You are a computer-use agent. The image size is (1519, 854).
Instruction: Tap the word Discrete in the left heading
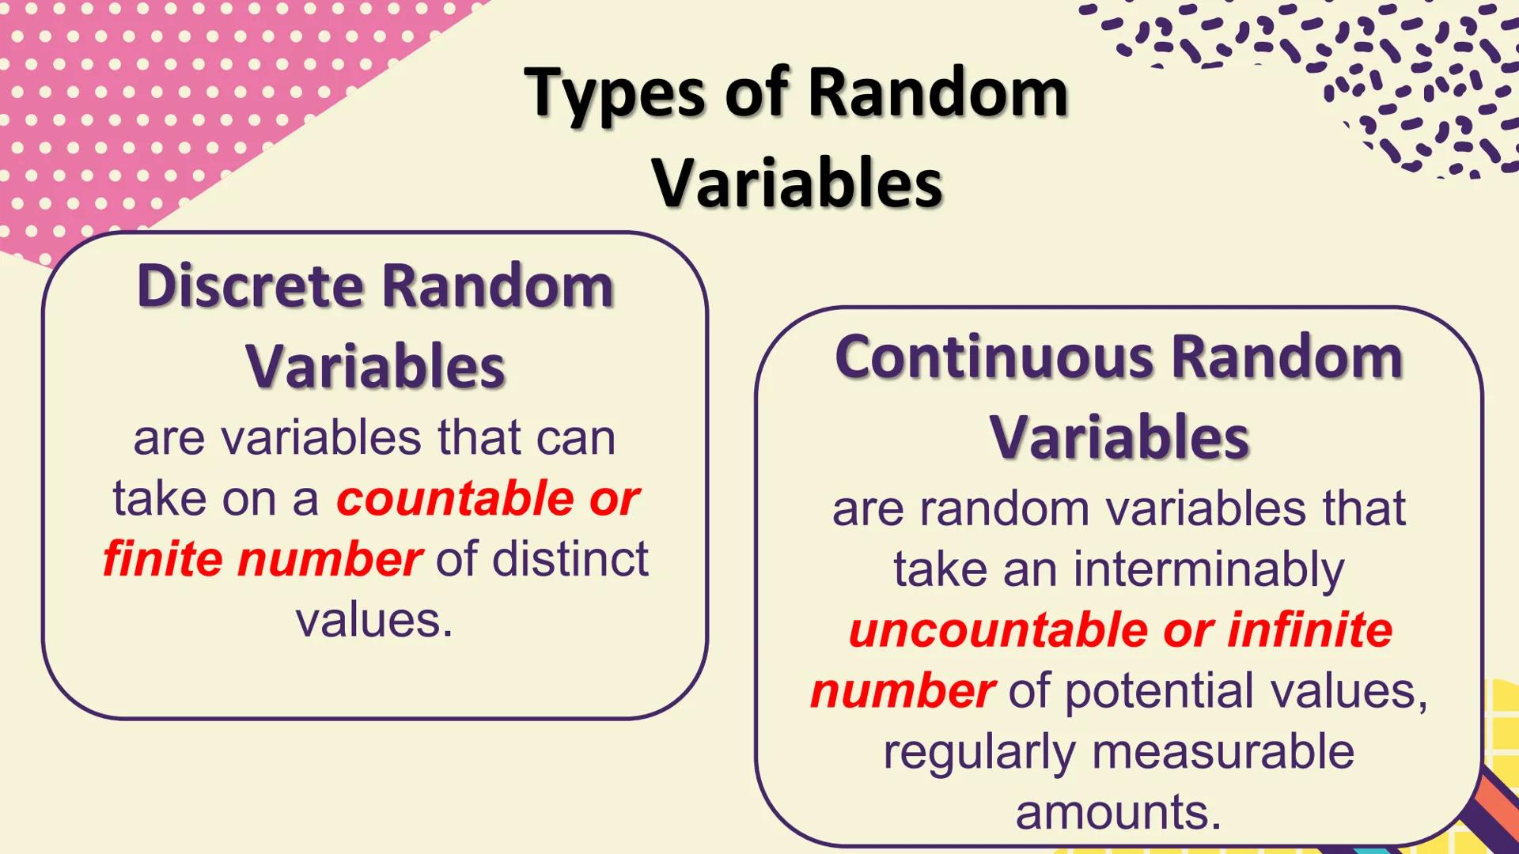(250, 285)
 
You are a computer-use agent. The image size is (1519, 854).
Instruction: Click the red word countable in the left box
(455, 499)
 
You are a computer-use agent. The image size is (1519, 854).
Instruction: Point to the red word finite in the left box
(163, 560)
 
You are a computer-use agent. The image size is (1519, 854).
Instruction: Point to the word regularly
(979, 753)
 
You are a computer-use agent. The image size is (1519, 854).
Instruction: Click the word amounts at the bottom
(1118, 813)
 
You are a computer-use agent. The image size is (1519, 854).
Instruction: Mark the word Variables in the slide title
(797, 183)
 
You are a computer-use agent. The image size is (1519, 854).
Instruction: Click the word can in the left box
(575, 438)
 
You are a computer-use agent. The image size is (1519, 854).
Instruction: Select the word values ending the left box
(374, 621)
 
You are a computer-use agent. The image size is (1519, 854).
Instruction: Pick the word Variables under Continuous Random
(1119, 437)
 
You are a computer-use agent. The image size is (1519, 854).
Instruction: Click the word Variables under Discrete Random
(375, 367)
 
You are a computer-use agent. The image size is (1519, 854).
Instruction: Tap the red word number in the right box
(903, 692)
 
